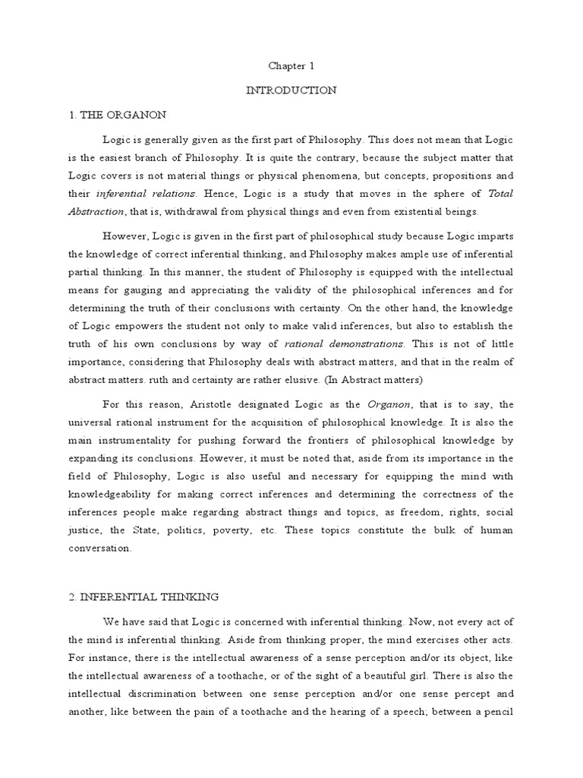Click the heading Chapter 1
coord(291,66)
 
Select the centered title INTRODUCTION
coord(291,90)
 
